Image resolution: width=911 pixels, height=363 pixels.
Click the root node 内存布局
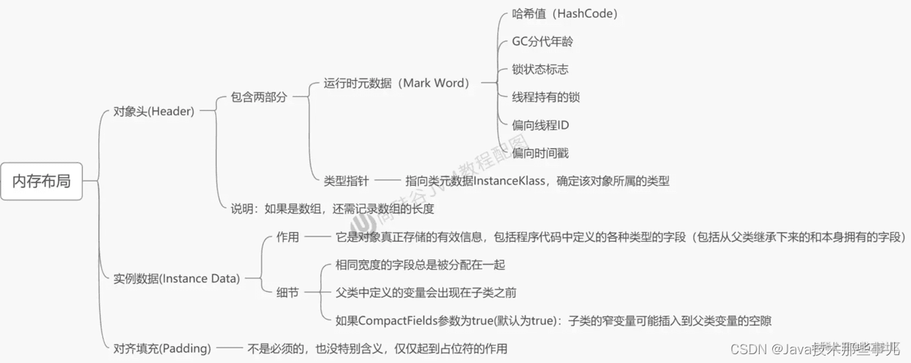[42, 181]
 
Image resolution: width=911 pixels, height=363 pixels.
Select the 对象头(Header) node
[154, 112]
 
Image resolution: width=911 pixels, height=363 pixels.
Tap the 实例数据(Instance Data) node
[177, 278]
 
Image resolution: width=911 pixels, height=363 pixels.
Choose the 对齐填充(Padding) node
[162, 348]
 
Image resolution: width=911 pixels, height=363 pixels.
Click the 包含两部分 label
[258, 97]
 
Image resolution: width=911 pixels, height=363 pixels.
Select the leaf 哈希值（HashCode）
[564, 14]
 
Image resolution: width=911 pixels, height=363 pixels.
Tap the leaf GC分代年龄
[542, 42]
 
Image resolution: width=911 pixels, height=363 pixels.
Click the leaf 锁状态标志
[540, 69]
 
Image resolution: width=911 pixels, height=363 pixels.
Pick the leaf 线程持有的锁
[546, 97]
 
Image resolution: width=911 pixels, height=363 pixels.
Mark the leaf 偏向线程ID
[540, 125]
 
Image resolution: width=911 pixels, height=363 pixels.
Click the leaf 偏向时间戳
[540, 153]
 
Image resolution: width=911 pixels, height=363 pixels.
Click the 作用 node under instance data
[287, 237]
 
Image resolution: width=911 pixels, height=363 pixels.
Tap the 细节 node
[287, 292]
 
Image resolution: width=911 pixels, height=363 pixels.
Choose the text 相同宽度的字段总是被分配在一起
[420, 265]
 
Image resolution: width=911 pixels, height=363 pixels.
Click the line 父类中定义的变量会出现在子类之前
[425, 292]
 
